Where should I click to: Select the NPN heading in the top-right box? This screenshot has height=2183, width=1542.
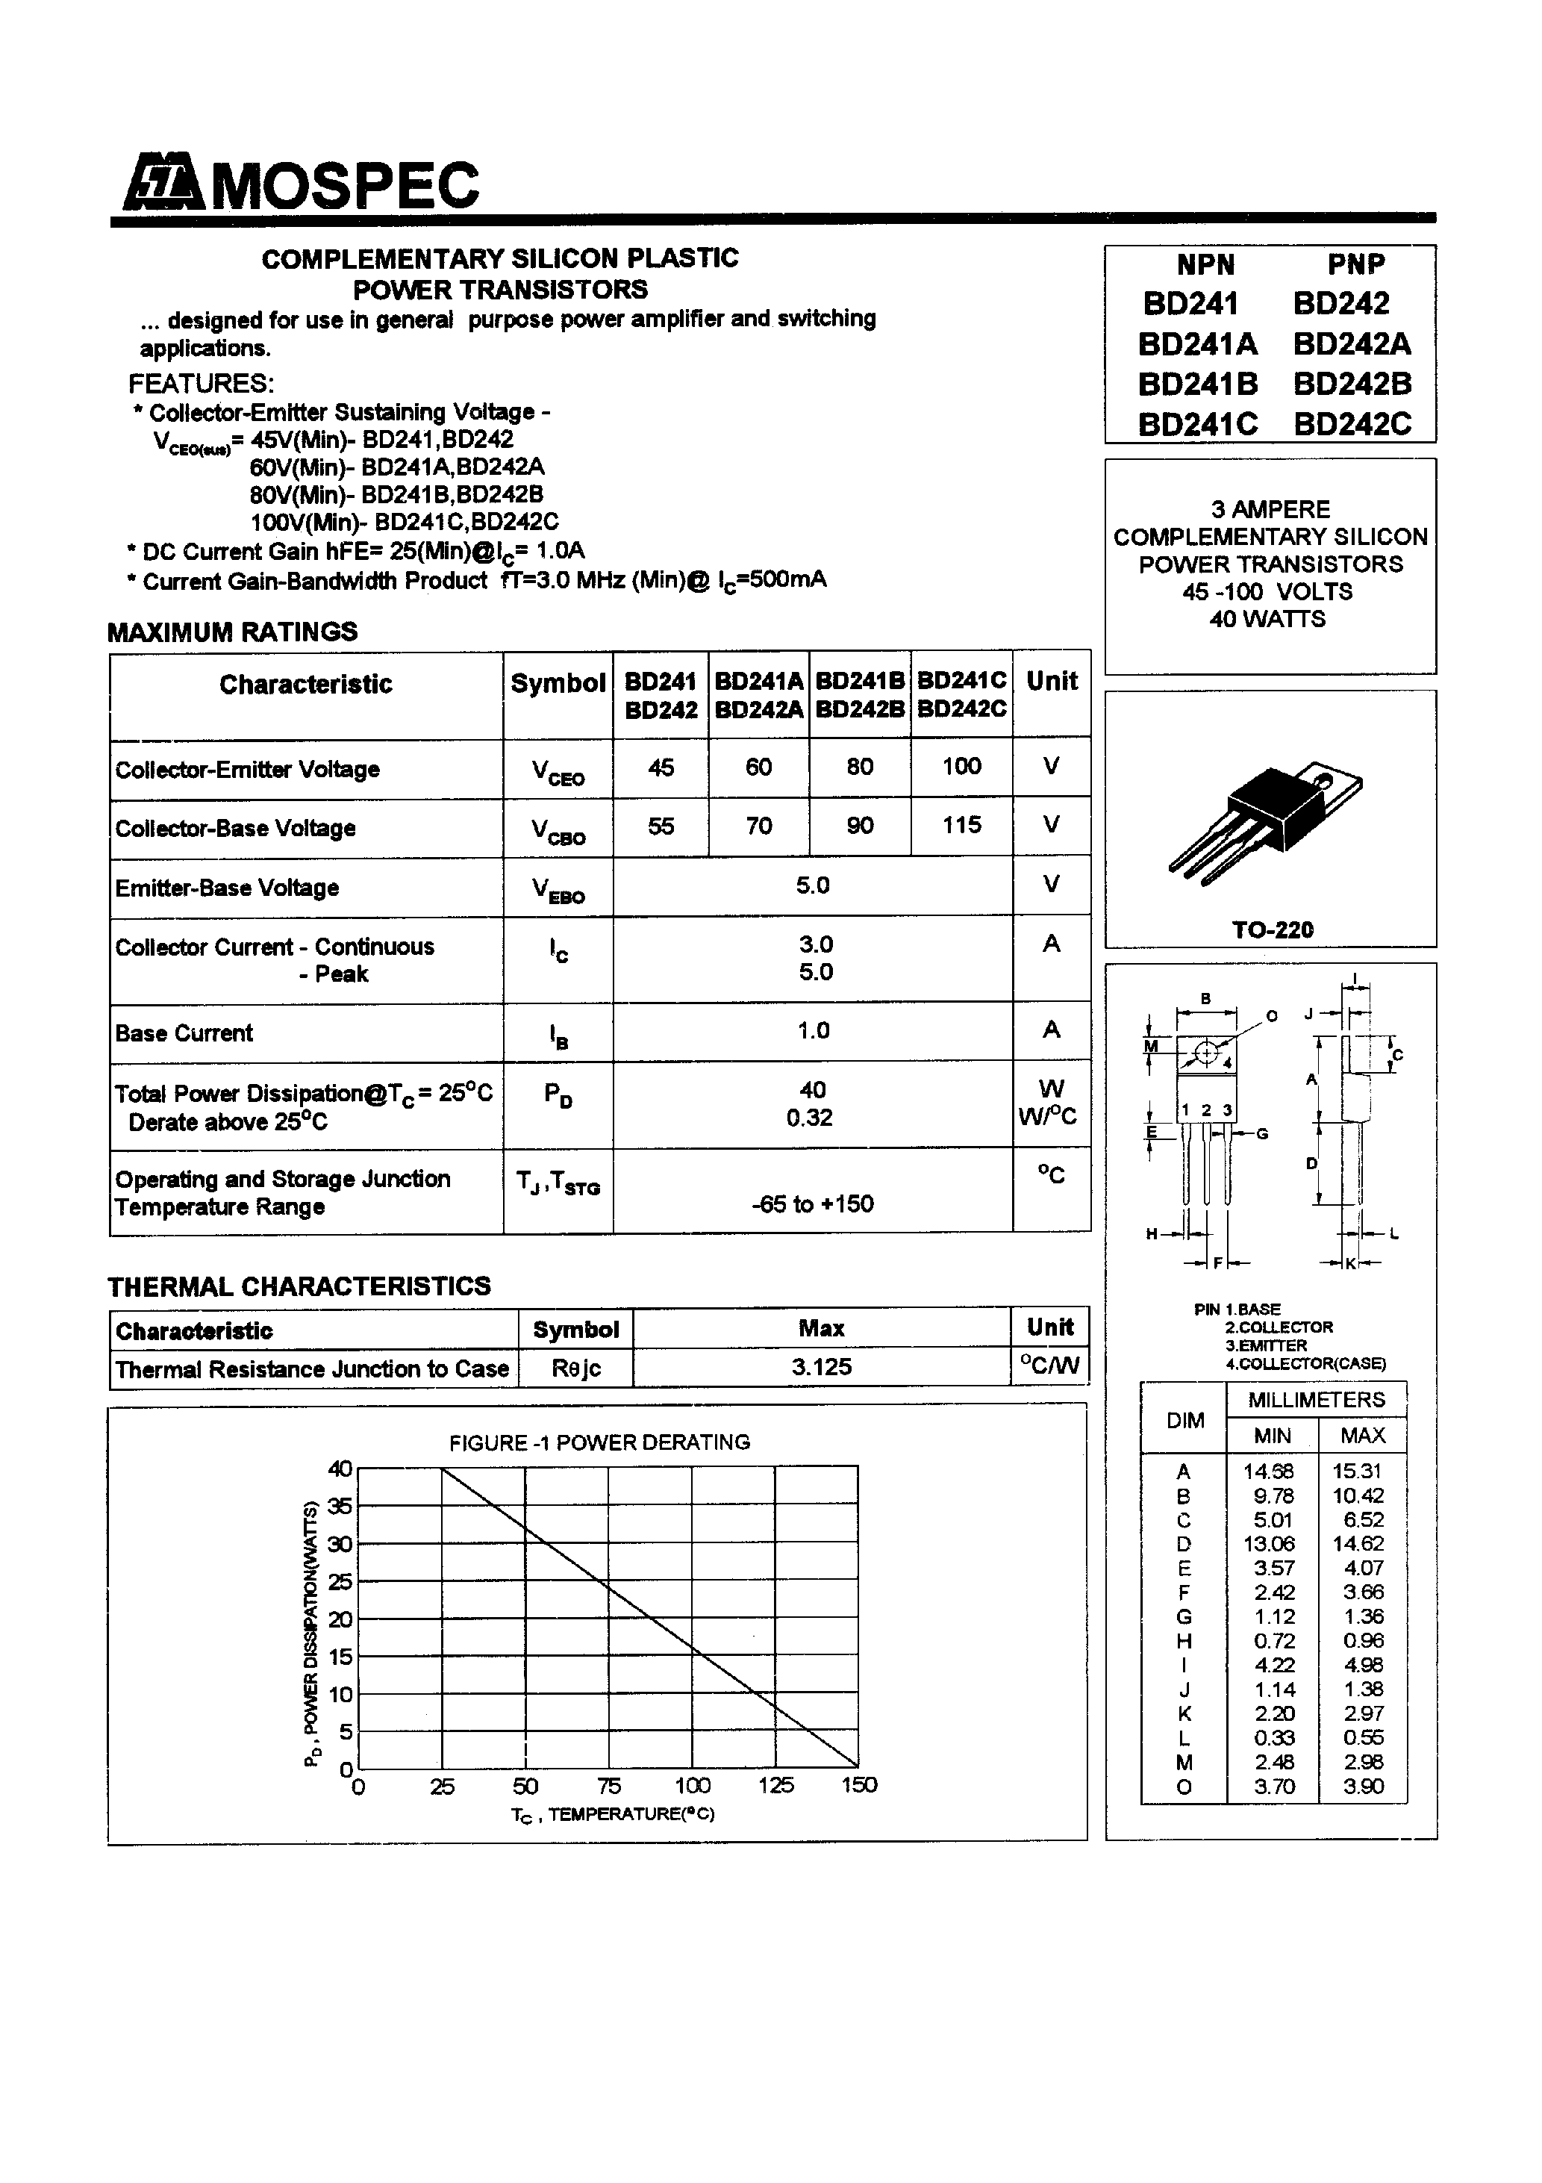point(1205,264)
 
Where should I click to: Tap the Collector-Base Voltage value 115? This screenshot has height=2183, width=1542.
point(961,825)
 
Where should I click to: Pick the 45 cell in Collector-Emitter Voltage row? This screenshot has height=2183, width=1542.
point(661,767)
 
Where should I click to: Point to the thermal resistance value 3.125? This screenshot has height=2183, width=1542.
point(822,1367)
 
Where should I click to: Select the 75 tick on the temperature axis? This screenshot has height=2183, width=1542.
point(608,1786)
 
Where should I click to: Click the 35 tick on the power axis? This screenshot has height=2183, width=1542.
point(340,1506)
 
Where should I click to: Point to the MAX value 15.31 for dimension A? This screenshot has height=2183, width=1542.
point(1357,1471)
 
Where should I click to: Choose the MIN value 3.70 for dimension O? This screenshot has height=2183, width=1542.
point(1273,1787)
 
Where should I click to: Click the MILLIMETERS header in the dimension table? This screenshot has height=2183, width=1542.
point(1316,1400)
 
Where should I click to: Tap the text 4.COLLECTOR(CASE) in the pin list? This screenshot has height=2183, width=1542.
point(1305,1363)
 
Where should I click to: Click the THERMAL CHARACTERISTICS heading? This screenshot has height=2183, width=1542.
point(299,1286)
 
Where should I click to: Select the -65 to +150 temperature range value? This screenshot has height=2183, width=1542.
point(812,1203)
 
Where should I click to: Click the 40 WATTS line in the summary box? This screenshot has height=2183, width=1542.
point(1267,619)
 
